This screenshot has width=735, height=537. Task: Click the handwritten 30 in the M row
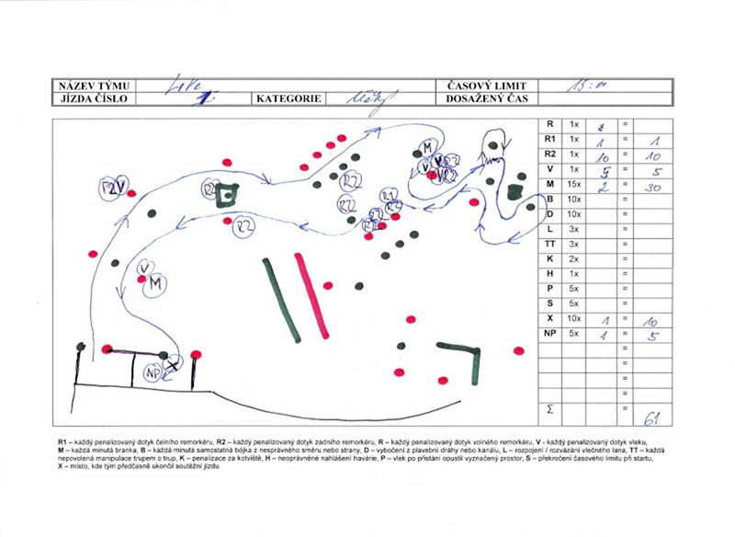(x=651, y=188)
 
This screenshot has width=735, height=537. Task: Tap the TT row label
(x=549, y=244)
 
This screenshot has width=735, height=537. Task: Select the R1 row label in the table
(x=549, y=140)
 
